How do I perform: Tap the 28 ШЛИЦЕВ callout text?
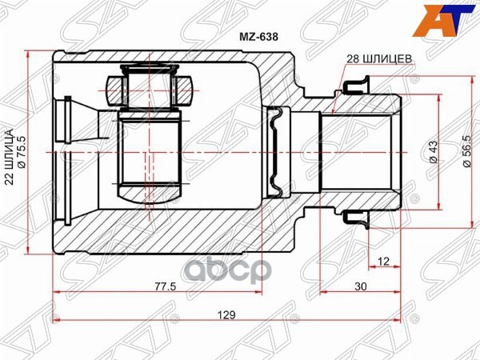pos(379,59)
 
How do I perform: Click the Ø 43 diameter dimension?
pos(433,150)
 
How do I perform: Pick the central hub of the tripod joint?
pos(152,148)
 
